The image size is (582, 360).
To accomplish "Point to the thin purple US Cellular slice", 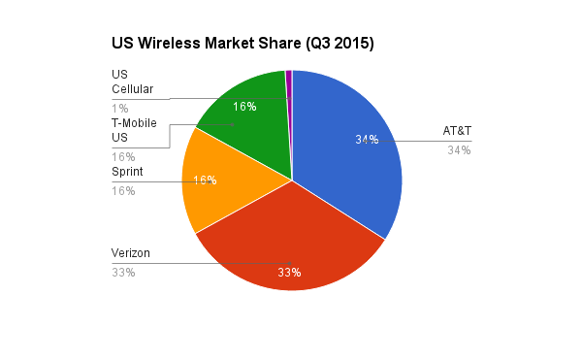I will pos(289,87).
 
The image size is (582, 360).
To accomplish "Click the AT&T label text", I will pos(457,131).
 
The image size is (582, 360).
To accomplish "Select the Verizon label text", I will pos(132,253).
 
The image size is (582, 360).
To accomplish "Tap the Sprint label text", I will pos(128,171).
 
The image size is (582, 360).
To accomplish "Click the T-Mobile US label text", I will pos(134,130).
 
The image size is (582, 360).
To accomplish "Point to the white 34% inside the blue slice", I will pos(367,140).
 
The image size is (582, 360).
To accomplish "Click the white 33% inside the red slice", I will pos(289,273).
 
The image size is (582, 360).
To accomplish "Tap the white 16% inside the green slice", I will pos(244,107).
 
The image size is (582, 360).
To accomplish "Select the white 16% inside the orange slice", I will pos(205,180).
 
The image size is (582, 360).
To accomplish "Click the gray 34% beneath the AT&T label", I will pos(459,150).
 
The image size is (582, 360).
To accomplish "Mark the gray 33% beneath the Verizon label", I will pos(123,273).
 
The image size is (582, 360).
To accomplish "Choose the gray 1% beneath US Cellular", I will pos(120,108).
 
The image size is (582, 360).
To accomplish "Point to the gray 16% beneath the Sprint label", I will pos(123,190).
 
